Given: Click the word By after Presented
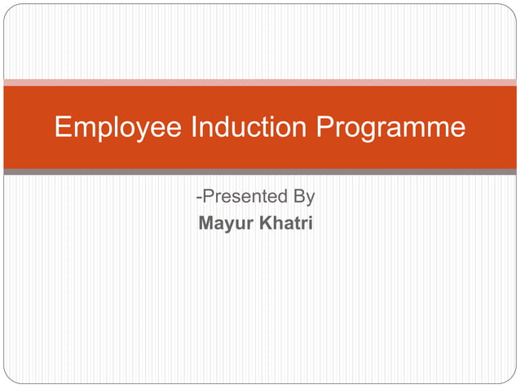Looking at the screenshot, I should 304,197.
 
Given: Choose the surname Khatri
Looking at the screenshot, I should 286,221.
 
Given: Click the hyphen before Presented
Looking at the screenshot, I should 199,198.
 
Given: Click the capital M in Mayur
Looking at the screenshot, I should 207,221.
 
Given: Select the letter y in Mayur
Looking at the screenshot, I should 231,224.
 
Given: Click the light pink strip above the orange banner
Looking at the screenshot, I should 260,82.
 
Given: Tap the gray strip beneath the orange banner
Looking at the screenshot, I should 260,172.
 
